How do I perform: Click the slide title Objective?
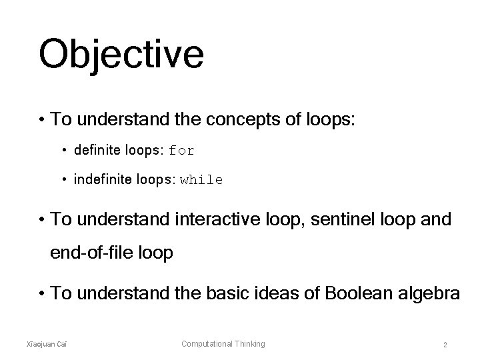pos(121,54)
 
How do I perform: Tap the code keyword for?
pos(182,151)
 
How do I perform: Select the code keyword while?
pos(201,180)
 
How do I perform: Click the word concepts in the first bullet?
pos(239,120)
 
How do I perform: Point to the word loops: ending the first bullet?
pos(330,120)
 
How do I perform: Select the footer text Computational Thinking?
pos(223,343)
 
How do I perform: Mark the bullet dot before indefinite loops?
pos(66,180)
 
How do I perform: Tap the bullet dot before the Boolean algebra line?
pos(42,292)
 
